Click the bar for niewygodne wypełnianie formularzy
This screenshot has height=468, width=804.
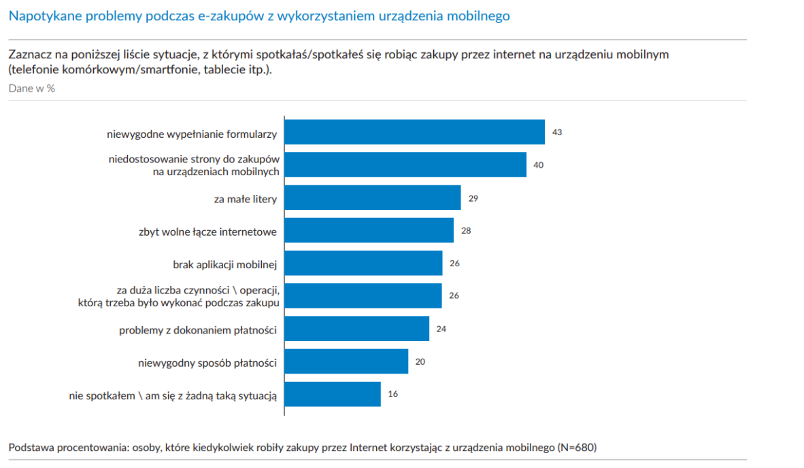(x=414, y=132)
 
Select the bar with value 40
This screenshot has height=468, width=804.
(x=405, y=164)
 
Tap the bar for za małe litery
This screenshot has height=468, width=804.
(x=373, y=198)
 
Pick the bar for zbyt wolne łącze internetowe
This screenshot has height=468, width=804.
(x=369, y=230)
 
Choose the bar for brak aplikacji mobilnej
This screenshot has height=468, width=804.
(x=363, y=263)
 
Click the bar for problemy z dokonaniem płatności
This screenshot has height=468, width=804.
(x=356, y=329)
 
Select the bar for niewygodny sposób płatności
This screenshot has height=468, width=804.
(x=346, y=361)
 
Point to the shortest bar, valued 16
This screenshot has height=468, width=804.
(x=333, y=394)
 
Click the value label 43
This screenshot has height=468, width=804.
(x=556, y=132)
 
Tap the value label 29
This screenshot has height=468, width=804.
(x=474, y=198)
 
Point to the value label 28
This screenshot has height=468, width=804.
(x=466, y=230)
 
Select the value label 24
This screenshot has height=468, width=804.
(x=441, y=329)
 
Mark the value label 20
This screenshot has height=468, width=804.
(x=420, y=361)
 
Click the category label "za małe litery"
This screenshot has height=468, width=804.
(x=245, y=199)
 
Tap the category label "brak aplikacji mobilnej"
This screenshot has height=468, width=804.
(x=225, y=264)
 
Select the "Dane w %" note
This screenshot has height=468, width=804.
(x=31, y=88)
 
